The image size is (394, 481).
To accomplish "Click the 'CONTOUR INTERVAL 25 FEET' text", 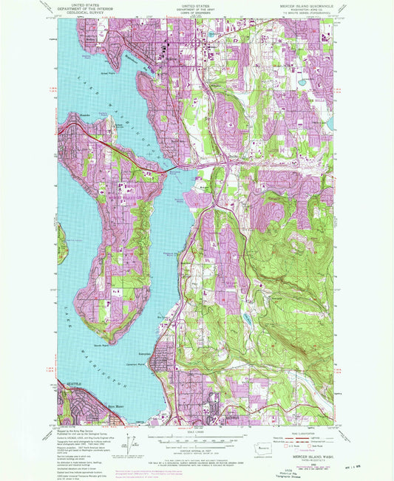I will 197,449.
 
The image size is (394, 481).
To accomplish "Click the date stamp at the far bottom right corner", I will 375,465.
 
